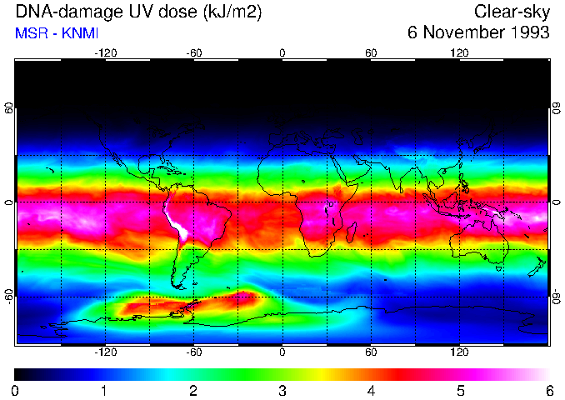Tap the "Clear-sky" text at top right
[512, 12]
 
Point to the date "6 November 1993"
[478, 33]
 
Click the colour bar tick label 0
[16, 390]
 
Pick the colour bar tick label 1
[104, 390]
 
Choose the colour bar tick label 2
[193, 390]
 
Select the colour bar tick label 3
[282, 390]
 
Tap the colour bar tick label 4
[371, 390]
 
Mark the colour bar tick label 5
[460, 390]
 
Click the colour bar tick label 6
[548, 390]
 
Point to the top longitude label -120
[105, 53]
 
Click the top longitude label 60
[371, 53]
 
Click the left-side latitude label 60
[9, 108]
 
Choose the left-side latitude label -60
[9, 296]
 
